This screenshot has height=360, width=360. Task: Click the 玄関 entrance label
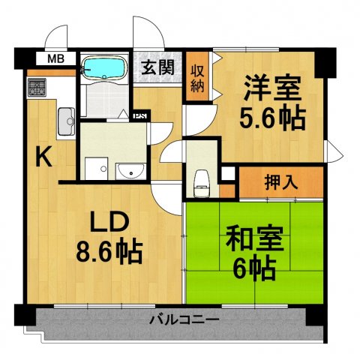[158, 66]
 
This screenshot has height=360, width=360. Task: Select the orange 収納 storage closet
[197, 77]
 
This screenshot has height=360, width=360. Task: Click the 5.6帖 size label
[271, 117]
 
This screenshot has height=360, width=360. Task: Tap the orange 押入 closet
[280, 181]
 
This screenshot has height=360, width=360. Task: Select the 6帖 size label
[255, 266]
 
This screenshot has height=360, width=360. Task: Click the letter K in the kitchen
[43, 157]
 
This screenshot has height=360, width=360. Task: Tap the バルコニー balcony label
[184, 319]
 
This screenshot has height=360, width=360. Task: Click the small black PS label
[139, 115]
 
